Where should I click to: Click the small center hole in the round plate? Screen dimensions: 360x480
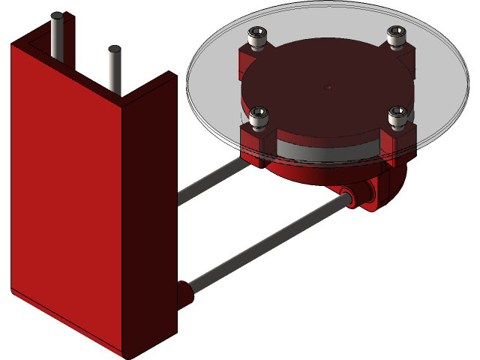(327, 88)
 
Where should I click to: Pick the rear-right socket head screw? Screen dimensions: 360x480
(396, 34)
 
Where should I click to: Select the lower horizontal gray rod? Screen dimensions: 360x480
(262, 244)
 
